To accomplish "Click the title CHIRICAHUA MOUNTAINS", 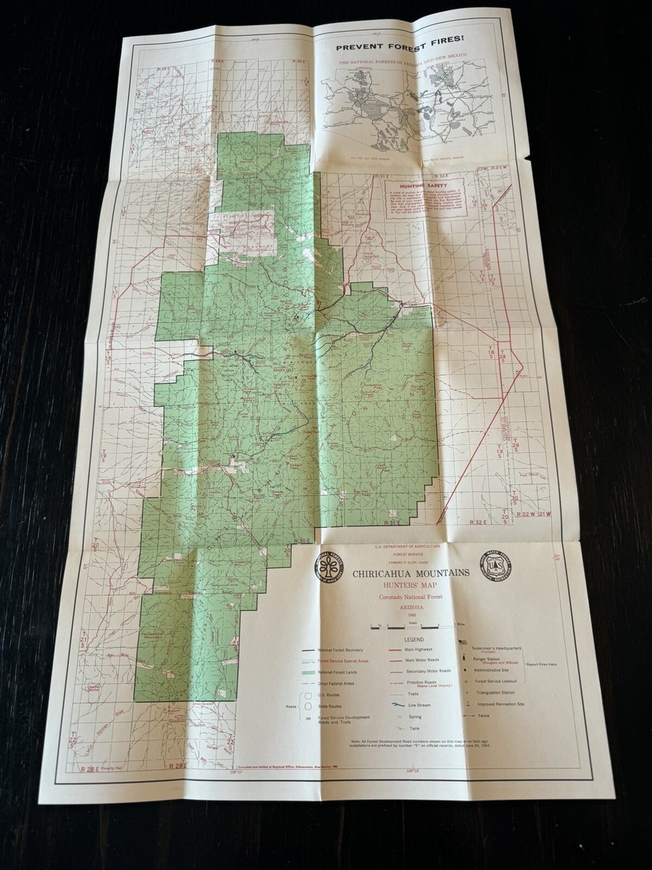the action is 411,573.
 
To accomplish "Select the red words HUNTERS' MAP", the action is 411,585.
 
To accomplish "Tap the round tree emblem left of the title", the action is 328,565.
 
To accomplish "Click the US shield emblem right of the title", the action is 496,564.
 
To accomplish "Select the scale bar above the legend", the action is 413,625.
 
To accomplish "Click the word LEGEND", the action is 414,640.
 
